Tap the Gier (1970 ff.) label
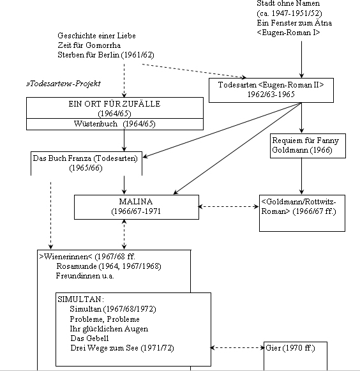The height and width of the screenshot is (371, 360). (290, 348)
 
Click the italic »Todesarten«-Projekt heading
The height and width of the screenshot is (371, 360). (64, 84)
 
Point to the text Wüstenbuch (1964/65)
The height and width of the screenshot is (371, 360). (114, 124)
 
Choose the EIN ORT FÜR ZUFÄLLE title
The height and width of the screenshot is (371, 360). (114, 104)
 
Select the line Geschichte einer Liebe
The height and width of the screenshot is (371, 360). (96, 36)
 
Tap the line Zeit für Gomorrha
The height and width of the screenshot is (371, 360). (89, 45)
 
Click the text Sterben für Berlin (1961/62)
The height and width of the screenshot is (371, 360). (106, 55)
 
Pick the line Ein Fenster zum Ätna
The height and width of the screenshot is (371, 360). (294, 23)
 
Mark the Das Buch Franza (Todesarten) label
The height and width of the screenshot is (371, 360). (85, 158)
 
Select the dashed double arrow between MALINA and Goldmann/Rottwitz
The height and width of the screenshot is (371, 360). (229, 206)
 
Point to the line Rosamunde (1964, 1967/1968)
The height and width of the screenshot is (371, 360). (109, 266)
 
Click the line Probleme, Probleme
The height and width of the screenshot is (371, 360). (105, 319)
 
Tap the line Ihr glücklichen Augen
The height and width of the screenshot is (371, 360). (109, 329)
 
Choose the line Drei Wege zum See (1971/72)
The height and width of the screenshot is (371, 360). (122, 348)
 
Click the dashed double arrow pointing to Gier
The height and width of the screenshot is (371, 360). (237, 347)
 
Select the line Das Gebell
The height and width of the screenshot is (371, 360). (89, 338)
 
